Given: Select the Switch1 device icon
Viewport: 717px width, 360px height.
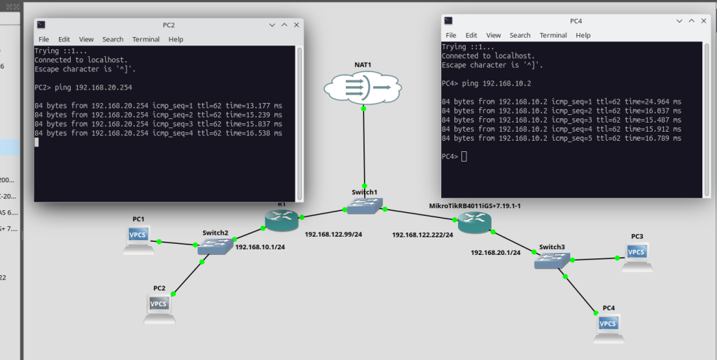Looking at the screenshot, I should (x=365, y=205).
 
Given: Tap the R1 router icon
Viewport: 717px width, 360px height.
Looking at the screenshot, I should (x=281, y=220).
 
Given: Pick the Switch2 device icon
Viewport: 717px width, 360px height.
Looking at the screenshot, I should (x=214, y=246).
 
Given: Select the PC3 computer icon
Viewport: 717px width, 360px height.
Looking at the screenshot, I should (x=636, y=254).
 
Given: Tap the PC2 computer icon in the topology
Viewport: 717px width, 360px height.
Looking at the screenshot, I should (x=159, y=305).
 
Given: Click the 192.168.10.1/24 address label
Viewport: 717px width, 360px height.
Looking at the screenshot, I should (x=259, y=247).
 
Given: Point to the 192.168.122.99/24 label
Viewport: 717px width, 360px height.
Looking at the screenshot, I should (x=333, y=234).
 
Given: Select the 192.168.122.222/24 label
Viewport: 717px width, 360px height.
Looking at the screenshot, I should (x=423, y=235).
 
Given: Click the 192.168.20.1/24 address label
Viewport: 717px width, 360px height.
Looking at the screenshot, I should (x=496, y=252).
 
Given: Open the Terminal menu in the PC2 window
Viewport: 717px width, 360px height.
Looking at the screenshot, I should (x=146, y=39).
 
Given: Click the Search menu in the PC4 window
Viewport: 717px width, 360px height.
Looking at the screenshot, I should (x=520, y=35).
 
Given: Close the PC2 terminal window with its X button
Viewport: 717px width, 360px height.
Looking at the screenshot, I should (x=296, y=25).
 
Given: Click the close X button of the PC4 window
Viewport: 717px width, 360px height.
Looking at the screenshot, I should (x=697, y=20).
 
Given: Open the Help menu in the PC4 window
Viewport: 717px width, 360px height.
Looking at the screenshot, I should (x=583, y=35).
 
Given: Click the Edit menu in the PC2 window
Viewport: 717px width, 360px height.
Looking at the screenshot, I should (x=64, y=39).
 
